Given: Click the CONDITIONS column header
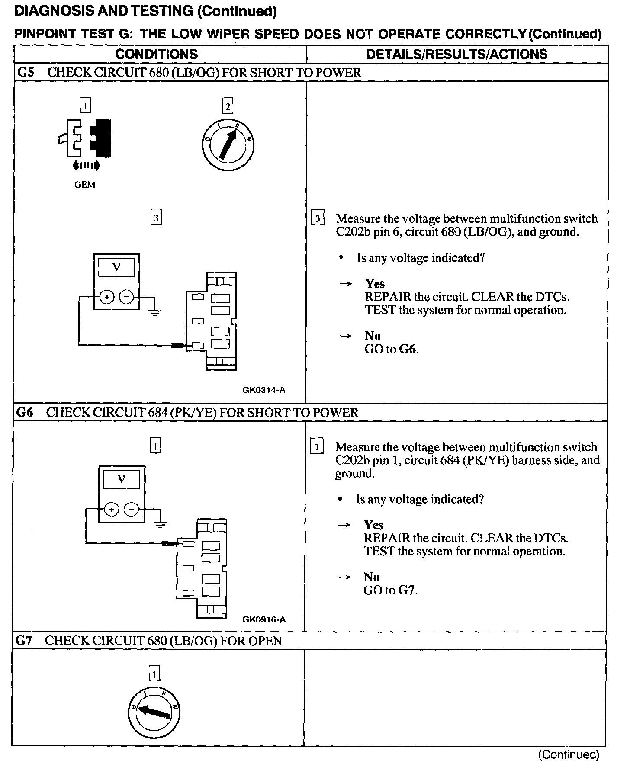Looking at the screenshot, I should coord(157,54).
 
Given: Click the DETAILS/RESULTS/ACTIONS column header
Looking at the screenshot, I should coord(456,54).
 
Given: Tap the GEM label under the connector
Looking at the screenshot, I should coord(85,185).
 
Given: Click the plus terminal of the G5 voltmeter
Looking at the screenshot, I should coord(107,297).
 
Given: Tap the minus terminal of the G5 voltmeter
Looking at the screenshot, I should coord(126,297).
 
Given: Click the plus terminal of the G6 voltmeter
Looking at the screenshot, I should coord(112,509).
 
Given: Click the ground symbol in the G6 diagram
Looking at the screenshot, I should coord(161,525).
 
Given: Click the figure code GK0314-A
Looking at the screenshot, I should coord(264,390).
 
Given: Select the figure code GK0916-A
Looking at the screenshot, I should coord(264,619).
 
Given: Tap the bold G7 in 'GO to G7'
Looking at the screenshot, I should coord(407,590).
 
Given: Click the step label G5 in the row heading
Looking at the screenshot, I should coord(25,73).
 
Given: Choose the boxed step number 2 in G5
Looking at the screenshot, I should coord(227,106).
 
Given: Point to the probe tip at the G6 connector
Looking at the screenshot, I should coord(168,543).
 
